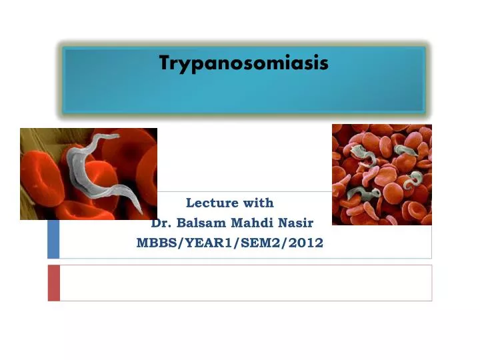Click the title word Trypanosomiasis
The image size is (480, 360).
(243, 64)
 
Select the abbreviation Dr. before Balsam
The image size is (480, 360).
(162, 223)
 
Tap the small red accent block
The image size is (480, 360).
(53, 283)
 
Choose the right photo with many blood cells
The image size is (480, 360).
(381, 175)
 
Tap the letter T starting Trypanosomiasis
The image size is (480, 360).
(164, 63)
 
